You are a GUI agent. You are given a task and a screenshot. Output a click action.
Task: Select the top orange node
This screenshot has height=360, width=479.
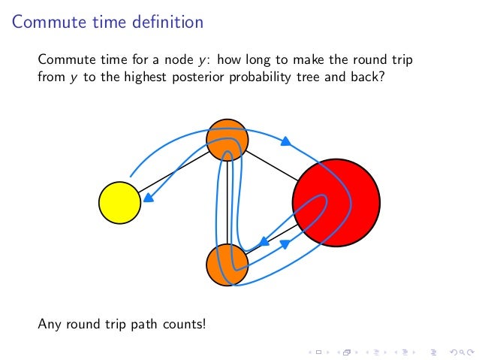(227, 139)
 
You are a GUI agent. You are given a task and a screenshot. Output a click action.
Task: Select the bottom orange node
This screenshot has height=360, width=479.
(227, 265)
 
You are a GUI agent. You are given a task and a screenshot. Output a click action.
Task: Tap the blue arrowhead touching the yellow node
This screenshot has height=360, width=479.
(149, 198)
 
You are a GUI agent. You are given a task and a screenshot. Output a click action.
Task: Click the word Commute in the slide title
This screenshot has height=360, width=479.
(47, 23)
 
